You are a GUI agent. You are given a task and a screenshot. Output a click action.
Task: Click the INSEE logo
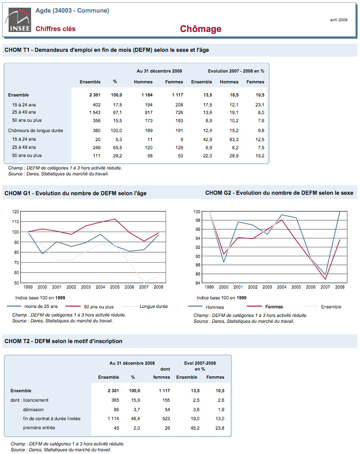(18, 20)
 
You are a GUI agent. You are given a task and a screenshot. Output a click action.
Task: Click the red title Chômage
(201, 29)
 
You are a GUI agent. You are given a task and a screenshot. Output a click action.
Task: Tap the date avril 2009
(338, 20)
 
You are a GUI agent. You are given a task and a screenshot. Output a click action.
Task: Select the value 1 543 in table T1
(95, 112)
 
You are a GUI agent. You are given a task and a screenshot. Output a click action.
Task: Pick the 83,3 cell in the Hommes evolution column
(234, 140)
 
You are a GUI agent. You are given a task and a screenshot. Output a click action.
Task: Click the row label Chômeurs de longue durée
(35, 131)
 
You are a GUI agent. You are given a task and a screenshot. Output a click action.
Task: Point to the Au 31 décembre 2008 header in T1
(159, 71)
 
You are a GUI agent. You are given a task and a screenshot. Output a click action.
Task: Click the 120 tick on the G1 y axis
(16, 211)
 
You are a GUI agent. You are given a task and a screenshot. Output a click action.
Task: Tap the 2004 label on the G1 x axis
(100, 287)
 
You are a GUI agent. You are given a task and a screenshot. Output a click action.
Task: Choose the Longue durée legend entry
(145, 306)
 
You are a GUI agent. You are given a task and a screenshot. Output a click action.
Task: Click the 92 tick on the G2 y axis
(198, 247)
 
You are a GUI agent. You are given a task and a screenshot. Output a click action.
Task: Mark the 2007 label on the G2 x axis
(325, 287)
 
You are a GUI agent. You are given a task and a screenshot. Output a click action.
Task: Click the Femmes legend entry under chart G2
(265, 307)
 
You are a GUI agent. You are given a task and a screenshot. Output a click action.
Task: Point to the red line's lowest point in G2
(326, 280)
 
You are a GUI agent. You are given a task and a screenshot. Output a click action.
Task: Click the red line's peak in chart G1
(115, 219)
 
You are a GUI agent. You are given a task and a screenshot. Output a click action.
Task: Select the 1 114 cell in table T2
(113, 419)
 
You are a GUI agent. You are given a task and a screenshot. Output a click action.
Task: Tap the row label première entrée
(39, 428)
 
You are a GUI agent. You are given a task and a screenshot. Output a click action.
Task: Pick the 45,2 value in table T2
(195, 428)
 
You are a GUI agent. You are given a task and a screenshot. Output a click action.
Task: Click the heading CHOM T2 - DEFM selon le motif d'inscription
(64, 341)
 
